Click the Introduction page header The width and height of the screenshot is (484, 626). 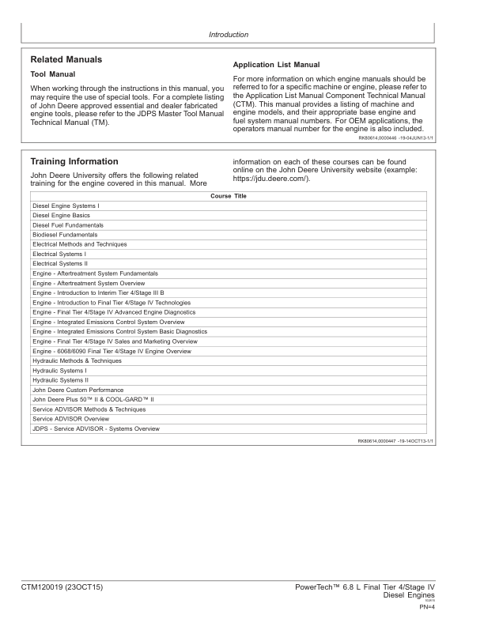[228, 35]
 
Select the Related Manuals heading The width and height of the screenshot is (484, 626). [66, 60]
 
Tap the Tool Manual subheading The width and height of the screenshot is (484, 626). [52, 74]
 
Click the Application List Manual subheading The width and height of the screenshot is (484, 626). [276, 65]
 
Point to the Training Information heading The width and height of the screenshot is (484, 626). [74, 162]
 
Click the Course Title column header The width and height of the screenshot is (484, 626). [229, 196]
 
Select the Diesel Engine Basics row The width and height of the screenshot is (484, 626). [61, 215]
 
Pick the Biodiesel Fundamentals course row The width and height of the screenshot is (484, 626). [65, 235]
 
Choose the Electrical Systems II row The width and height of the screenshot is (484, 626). [60, 264]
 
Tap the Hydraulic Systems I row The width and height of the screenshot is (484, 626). [59, 371]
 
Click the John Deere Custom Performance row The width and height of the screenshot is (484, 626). [78, 390]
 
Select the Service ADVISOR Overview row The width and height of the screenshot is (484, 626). [70, 419]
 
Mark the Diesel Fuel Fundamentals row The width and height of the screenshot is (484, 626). [68, 225]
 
